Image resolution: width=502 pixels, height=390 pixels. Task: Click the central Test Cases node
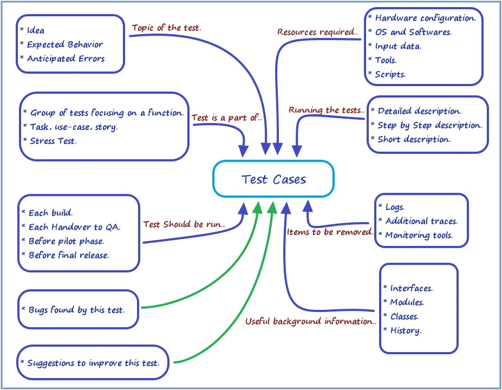coord(273,179)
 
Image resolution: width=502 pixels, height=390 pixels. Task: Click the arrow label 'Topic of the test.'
coord(167,28)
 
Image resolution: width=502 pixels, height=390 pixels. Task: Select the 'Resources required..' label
coord(318,32)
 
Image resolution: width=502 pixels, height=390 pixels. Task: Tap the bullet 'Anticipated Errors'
coord(66,58)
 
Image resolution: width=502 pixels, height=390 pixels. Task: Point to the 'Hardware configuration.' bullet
coord(425,18)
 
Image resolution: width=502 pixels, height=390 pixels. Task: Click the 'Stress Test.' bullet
coord(53,141)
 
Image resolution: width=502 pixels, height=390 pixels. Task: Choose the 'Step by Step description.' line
coord(429,125)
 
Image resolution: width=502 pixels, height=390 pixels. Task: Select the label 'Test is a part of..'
coord(227,118)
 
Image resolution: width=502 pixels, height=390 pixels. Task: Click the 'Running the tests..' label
coord(327,110)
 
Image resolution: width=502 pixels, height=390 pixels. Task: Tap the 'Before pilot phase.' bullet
coord(66,241)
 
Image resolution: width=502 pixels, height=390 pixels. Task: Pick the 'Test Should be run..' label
coord(184,224)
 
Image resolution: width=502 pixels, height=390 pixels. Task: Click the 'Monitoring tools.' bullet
coord(419,235)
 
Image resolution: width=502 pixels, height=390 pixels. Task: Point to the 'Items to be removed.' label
coord(330,232)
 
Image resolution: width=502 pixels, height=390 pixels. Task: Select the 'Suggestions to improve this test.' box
coord(93,363)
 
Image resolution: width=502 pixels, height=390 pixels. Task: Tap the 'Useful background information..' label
coord(311,321)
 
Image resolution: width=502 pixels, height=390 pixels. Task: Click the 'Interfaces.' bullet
coord(411,288)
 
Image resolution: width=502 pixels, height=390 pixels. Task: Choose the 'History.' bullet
coord(405,330)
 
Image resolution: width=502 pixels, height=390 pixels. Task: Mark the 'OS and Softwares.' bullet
coord(413,32)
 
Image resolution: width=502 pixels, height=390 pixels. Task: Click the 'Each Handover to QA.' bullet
coord(74,227)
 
